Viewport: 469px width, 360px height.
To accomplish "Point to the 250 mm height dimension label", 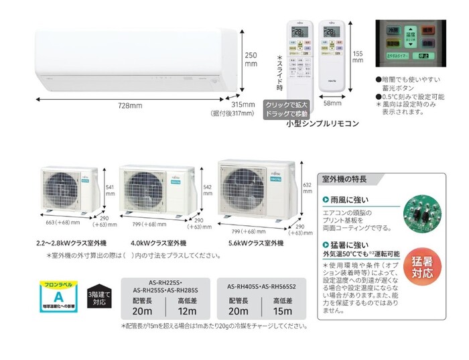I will click(x=251, y=60).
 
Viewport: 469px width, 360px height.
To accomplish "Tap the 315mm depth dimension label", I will click(x=243, y=105).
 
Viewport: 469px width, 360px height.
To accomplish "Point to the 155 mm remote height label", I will click(x=358, y=58).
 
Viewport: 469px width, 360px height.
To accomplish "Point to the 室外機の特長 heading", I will click(x=343, y=180).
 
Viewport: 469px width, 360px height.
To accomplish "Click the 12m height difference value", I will click(x=187, y=312).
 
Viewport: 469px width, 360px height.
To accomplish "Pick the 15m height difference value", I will click(x=282, y=312).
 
